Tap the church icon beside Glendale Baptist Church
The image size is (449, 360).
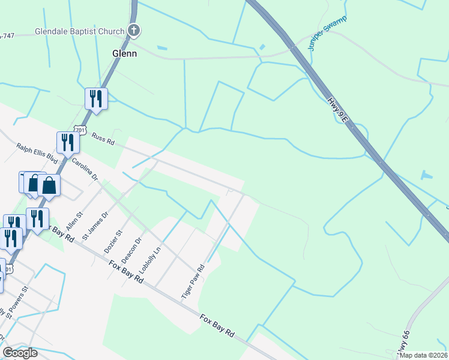[134, 30]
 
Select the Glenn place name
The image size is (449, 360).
[125, 53]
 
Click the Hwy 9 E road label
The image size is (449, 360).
[337, 110]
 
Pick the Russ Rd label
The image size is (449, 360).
[103, 139]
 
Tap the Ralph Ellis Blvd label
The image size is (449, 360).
[37, 154]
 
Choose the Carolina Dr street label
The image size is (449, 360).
[85, 170]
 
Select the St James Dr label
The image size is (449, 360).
[95, 225]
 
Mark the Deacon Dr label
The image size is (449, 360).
[131, 249]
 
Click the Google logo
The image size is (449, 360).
[20, 353]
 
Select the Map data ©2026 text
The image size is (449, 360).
[423, 355]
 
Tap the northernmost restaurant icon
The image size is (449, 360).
[96, 98]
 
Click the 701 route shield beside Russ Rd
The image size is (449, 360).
[80, 130]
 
